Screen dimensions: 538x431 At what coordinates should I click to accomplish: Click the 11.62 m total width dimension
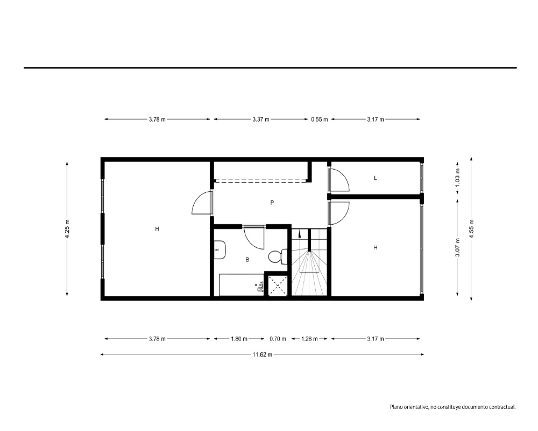263,354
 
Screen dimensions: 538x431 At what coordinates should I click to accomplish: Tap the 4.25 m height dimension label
67,229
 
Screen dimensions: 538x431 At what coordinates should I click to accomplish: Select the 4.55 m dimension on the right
471,229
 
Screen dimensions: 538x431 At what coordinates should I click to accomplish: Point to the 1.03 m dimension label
457,178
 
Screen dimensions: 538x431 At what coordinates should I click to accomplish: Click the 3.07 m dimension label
457,247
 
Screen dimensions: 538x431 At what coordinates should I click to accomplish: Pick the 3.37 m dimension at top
261,119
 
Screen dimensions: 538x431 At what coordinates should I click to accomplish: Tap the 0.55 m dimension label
320,119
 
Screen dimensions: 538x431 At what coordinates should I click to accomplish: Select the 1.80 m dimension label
239,339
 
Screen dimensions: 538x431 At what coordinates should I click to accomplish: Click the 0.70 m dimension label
278,339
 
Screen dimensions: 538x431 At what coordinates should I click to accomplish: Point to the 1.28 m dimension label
309,339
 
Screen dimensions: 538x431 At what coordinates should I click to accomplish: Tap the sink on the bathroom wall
220,250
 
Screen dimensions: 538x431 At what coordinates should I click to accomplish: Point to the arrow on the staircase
300,234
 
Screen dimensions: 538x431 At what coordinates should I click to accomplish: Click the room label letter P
272,203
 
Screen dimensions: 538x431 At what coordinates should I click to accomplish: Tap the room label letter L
376,178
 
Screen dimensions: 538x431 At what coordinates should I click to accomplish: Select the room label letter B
247,260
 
